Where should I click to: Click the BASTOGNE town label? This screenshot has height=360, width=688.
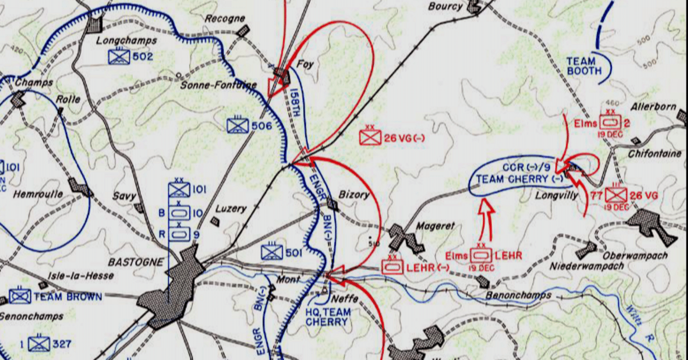135,262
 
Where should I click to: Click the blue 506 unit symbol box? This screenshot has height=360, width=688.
237,126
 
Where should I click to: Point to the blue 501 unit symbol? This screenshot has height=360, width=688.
271,251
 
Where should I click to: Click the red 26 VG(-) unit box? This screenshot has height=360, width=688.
370,137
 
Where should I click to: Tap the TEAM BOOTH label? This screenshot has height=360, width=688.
580,66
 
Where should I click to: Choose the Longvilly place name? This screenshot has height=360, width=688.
556,196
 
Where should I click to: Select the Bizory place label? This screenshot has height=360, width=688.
354,195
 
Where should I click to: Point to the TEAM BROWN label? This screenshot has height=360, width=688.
68,297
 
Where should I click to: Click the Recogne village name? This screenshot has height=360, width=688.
225,19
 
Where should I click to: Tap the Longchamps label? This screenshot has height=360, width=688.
126,40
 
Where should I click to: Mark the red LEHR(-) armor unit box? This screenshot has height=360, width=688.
392,267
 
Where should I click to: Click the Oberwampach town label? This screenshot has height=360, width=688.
634,256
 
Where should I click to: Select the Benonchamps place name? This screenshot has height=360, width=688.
519,295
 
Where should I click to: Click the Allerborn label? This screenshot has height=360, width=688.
653,106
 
